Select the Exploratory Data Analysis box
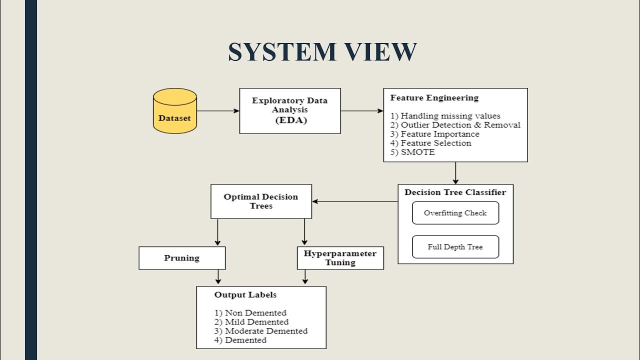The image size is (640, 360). click(289, 111)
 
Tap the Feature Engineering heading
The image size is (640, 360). click(434, 98)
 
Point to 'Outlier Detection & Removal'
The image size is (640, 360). click(460, 125)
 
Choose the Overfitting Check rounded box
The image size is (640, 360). click(455, 213)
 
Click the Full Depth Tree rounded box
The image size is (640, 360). click(455, 247)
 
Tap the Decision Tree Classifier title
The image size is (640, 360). click(455, 192)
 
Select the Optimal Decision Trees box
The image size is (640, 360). click(261, 201)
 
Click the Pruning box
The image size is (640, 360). click(182, 258)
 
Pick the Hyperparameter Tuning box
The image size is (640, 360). click(340, 258)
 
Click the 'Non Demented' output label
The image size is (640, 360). click(255, 313)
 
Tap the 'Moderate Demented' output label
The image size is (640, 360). click(265, 331)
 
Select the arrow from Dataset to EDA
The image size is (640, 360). click(218, 111)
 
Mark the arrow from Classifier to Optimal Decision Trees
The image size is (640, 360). click(355, 201)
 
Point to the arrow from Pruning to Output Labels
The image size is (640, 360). click(218, 277)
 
